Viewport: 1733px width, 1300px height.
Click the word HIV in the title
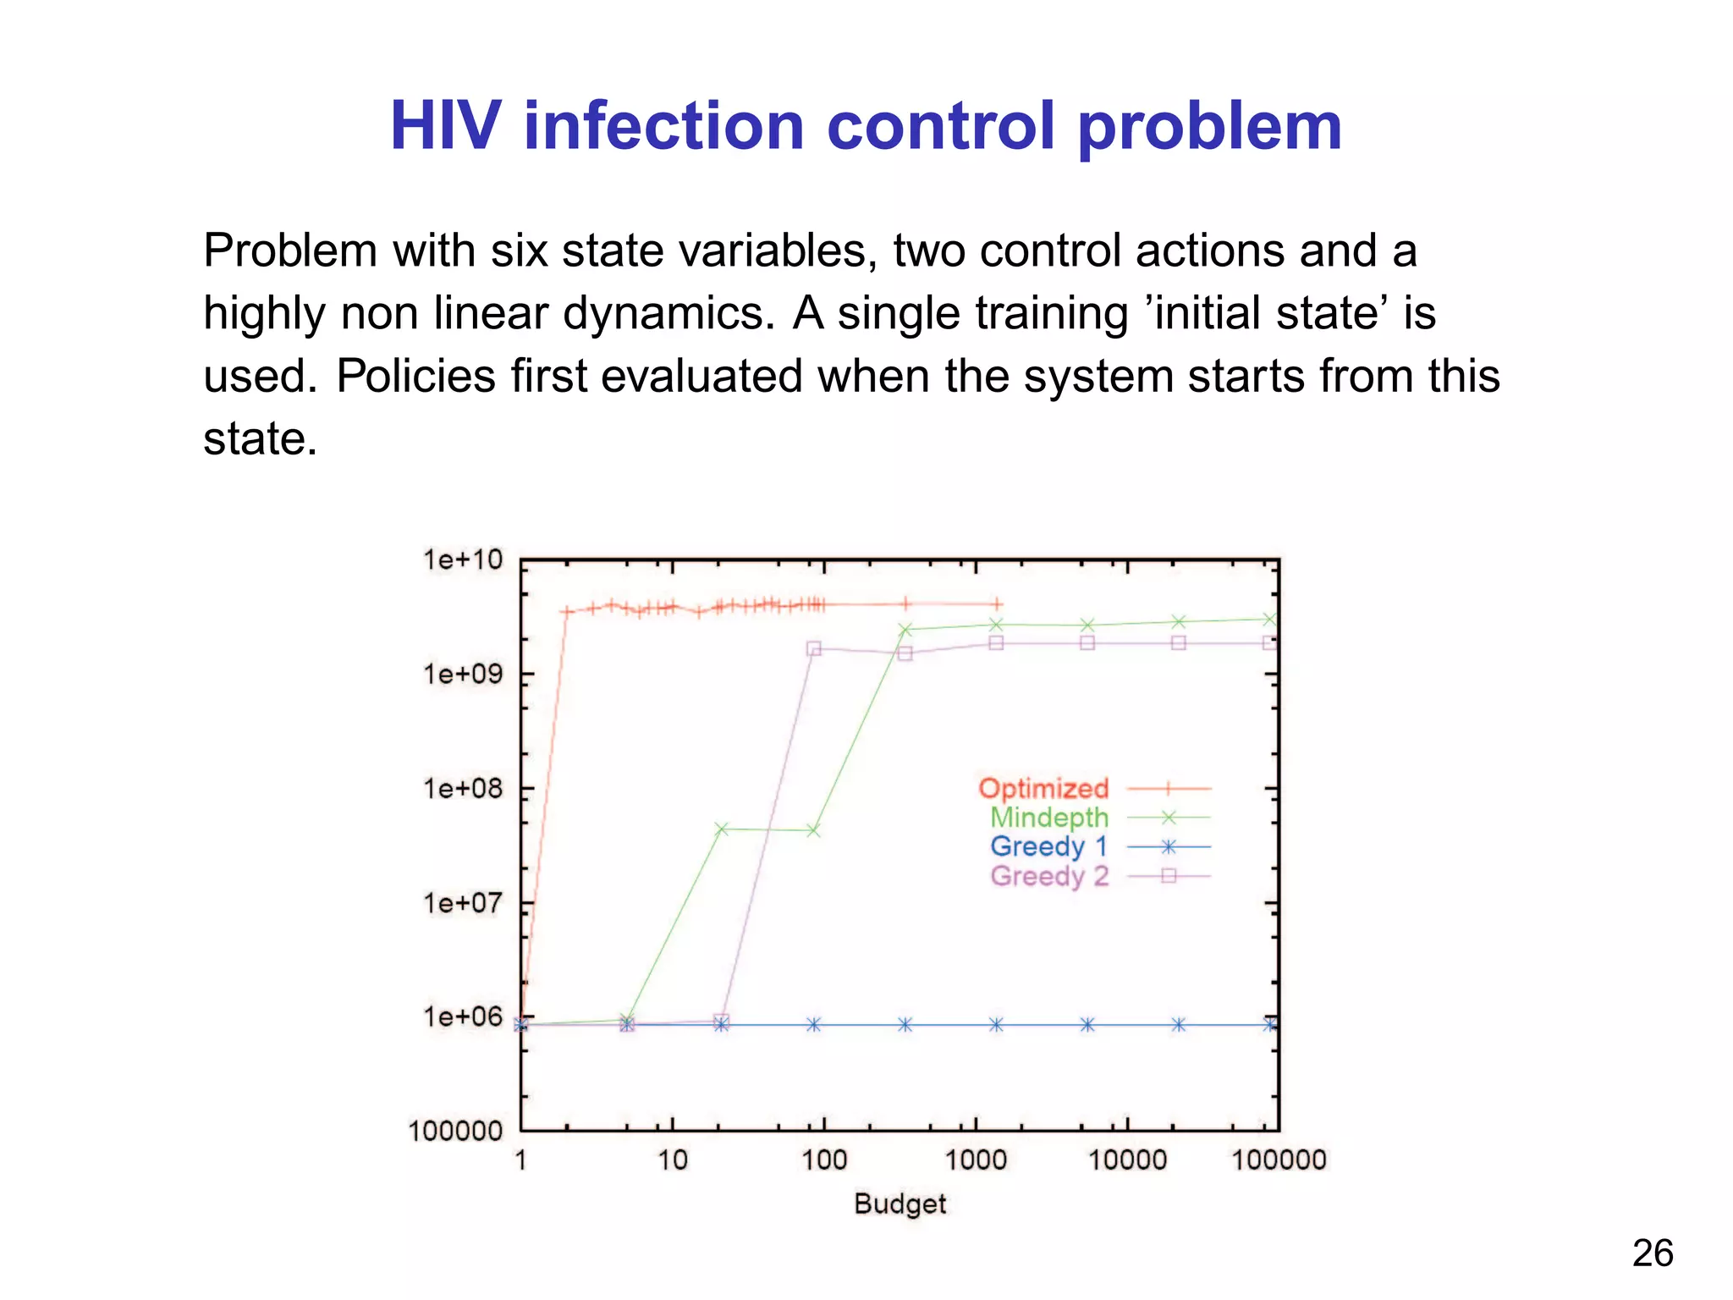coord(450,127)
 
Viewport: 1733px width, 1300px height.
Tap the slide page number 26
coord(1652,1253)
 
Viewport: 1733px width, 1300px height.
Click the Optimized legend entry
coord(1043,788)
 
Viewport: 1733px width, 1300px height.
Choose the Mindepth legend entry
coord(1048,818)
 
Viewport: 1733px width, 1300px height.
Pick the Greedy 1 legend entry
coord(1048,846)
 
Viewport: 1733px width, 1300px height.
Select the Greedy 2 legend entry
coord(1048,876)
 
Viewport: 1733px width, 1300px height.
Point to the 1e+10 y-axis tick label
coord(462,560)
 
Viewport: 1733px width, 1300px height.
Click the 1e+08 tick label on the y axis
coord(462,789)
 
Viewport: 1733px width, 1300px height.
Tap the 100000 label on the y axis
coord(455,1132)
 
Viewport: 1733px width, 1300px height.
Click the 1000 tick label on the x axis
coord(975,1160)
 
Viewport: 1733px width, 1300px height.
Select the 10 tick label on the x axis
coord(673,1160)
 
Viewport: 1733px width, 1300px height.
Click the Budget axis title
coord(900,1204)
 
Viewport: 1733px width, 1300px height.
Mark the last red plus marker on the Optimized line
coord(998,603)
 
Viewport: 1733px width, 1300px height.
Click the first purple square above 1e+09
coord(814,648)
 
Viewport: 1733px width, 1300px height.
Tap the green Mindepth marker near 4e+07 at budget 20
coord(721,829)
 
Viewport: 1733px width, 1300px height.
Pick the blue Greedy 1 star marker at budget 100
coord(813,1025)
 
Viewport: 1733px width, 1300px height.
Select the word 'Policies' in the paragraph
coord(415,376)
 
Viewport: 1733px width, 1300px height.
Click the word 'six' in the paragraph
coord(519,251)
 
